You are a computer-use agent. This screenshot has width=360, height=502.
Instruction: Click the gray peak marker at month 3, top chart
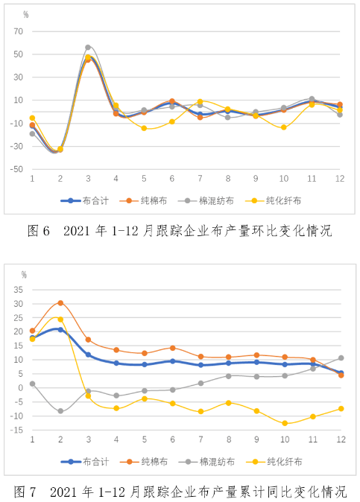coord(88,48)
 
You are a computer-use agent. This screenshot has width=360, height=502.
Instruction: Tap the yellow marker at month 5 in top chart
coord(144,128)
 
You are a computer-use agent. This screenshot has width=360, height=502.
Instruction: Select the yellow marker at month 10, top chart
coord(284,127)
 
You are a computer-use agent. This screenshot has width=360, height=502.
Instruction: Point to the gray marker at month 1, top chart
coord(32,133)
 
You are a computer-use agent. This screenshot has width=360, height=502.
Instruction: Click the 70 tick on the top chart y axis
coord(18,31)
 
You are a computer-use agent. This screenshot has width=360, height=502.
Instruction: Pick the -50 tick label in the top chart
coord(16,169)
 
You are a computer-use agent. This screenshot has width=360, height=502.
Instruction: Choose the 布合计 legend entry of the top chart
coord(85,201)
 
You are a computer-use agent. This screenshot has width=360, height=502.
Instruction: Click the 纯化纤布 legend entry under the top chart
coord(274,201)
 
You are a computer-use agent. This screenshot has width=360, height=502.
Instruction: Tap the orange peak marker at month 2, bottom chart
coord(60,303)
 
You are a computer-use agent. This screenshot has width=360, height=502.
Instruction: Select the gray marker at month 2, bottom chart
coord(60,410)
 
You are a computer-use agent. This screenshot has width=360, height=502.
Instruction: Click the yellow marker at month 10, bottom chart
coord(285,423)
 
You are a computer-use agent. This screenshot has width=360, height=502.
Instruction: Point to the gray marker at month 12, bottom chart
coord(341,358)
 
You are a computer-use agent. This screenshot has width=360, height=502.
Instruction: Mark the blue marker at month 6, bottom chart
coord(173,361)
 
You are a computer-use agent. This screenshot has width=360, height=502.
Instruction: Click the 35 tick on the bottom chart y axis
coord(18,290)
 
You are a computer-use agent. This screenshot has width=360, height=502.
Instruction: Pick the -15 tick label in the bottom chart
coord(16,430)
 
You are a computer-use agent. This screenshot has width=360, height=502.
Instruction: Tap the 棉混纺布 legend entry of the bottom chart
coord(207,462)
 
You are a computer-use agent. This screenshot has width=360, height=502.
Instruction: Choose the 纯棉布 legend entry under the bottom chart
coord(144,462)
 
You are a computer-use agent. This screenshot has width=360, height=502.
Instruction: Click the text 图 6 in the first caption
coord(39,230)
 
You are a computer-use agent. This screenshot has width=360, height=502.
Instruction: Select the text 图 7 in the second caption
coord(25,492)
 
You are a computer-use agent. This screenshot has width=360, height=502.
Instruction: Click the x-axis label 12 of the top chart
coord(340,178)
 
